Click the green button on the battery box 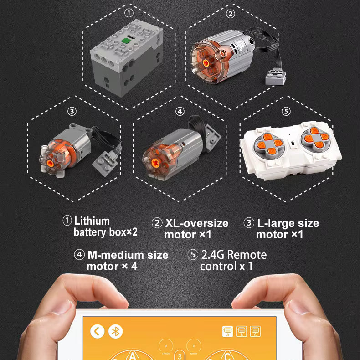tap(126, 41)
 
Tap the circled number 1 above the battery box tap(129, 13)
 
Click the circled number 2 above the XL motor tap(231, 14)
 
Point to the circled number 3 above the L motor tap(72, 111)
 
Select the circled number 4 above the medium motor tap(180, 111)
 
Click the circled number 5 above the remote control tap(286, 111)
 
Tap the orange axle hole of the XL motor tap(206, 63)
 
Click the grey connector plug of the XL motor tap(276, 77)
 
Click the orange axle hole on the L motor tap(50, 164)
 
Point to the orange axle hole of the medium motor tap(156, 163)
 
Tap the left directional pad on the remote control tap(269, 144)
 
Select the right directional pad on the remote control tap(316, 138)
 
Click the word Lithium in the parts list tap(92, 221)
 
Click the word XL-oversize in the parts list tap(197, 223)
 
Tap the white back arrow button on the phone tap(98, 331)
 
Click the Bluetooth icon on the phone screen tap(115, 331)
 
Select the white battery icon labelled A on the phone tap(228, 331)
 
